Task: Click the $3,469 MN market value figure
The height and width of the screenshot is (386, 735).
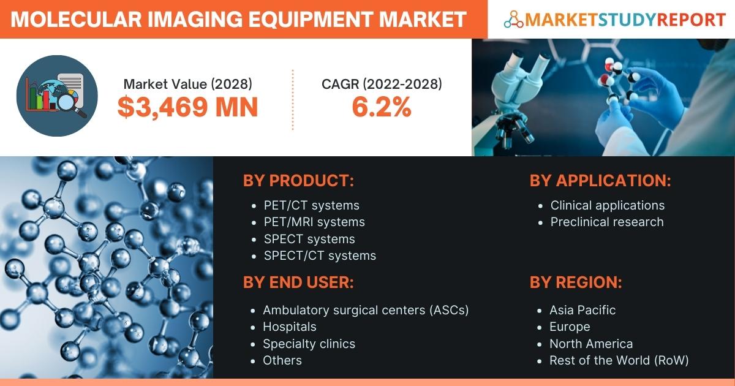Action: pyautogui.click(x=187, y=107)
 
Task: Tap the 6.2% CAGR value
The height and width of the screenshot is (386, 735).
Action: pyautogui.click(x=381, y=107)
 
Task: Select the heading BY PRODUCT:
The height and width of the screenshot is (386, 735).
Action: pyautogui.click(x=299, y=181)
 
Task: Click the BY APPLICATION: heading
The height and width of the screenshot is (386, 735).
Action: pyautogui.click(x=600, y=181)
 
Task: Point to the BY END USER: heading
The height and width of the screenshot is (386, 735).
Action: pyautogui.click(x=298, y=282)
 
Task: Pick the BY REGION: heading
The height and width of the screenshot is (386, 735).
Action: pyautogui.click(x=576, y=282)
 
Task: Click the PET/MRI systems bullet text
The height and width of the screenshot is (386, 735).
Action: pyautogui.click(x=314, y=222)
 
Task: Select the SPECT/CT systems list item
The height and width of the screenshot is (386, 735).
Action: pyautogui.click(x=320, y=255)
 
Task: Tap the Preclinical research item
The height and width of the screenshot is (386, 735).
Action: pyautogui.click(x=607, y=222)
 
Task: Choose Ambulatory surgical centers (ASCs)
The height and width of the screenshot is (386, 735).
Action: pyautogui.click(x=366, y=310)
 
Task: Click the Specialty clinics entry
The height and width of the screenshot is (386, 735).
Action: pyautogui.click(x=309, y=344)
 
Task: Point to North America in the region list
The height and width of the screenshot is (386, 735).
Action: pyautogui.click(x=591, y=344)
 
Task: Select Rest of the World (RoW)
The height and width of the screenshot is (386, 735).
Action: pyautogui.click(x=619, y=360)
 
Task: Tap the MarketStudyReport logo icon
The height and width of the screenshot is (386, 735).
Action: pyautogui.click(x=513, y=20)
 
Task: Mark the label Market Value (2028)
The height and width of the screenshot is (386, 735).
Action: pyautogui.click(x=187, y=84)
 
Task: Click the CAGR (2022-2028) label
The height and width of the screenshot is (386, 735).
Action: pyautogui.click(x=382, y=84)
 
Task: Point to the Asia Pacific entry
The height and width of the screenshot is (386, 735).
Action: pyautogui.click(x=582, y=310)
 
